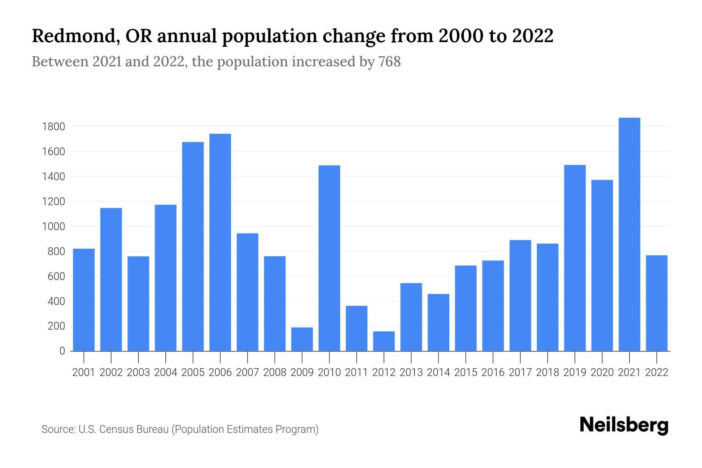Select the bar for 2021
tap(629, 234)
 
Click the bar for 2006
tap(220, 242)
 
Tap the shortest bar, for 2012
tap(384, 341)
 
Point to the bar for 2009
tap(302, 339)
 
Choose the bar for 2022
tap(656, 303)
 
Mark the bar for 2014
tap(438, 323)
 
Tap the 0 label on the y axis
tap(62, 351)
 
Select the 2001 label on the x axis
tap(83, 372)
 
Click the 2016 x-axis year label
tap(493, 372)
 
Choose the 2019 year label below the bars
tap(574, 372)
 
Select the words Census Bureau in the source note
tap(134, 429)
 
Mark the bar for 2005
tap(193, 246)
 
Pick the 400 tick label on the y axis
tap(56, 301)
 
